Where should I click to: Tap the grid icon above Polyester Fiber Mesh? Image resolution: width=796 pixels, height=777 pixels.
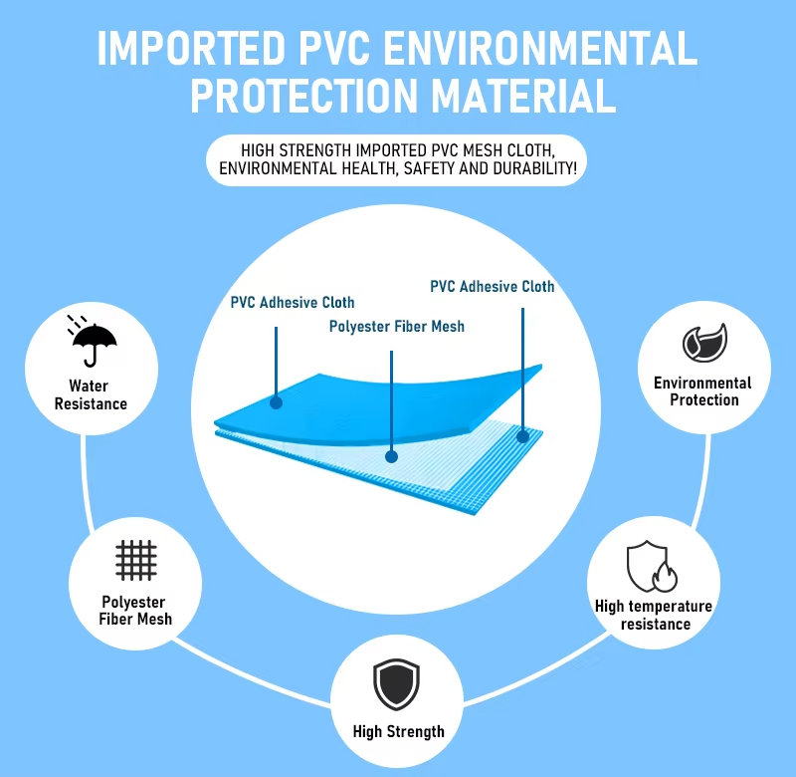point(136,560)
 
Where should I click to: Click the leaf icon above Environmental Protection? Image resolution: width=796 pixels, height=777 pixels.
point(703,342)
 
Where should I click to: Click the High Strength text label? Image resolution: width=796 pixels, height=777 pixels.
point(398,732)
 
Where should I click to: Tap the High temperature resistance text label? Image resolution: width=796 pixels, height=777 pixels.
point(654,615)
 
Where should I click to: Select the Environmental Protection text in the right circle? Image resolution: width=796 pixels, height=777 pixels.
point(703,391)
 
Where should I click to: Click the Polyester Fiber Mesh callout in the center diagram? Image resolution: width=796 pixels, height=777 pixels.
point(396,326)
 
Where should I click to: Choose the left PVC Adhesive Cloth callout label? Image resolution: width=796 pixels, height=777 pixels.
point(293,302)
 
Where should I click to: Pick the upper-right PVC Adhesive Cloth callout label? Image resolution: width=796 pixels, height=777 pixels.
point(493,286)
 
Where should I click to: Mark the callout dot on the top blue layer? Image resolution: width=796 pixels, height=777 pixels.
point(276,402)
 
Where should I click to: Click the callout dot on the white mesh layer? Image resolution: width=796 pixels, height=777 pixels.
point(392,456)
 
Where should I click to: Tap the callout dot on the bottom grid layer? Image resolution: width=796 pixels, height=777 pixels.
point(522,434)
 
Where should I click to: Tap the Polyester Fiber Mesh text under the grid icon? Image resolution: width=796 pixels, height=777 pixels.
point(136,610)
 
